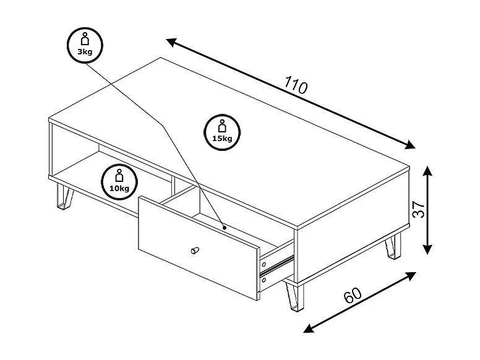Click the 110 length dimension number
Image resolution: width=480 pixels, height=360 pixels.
(296, 85)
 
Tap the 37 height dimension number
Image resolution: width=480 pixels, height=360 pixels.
(419, 210)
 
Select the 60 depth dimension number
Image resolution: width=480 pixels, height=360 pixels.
(353, 295)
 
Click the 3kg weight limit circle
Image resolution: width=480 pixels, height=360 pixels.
(85, 45)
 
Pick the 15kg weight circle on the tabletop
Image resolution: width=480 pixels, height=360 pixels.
(222, 132)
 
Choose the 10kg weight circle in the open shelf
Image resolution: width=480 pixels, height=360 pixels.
(119, 182)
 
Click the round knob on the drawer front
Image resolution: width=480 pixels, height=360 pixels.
(195, 250)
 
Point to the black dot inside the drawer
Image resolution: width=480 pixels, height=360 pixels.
(225, 228)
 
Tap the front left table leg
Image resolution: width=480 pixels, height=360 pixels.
(65, 197)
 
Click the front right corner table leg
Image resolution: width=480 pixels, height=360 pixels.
(294, 296)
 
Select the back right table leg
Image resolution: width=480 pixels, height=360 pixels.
(393, 246)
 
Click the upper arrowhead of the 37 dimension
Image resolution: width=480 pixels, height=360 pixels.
(427, 170)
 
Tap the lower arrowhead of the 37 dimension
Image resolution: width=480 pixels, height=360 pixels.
(427, 249)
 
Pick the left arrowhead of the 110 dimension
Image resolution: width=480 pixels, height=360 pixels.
(171, 42)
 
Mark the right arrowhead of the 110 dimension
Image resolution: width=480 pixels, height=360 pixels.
(410, 145)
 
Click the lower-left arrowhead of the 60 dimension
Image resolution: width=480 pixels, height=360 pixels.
(308, 328)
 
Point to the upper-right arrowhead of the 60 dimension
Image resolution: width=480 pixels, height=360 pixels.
(411, 276)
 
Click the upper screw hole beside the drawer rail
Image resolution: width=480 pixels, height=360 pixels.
(264, 264)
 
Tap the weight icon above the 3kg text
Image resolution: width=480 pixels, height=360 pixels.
(85, 39)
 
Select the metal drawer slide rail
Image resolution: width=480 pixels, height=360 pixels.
(276, 265)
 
